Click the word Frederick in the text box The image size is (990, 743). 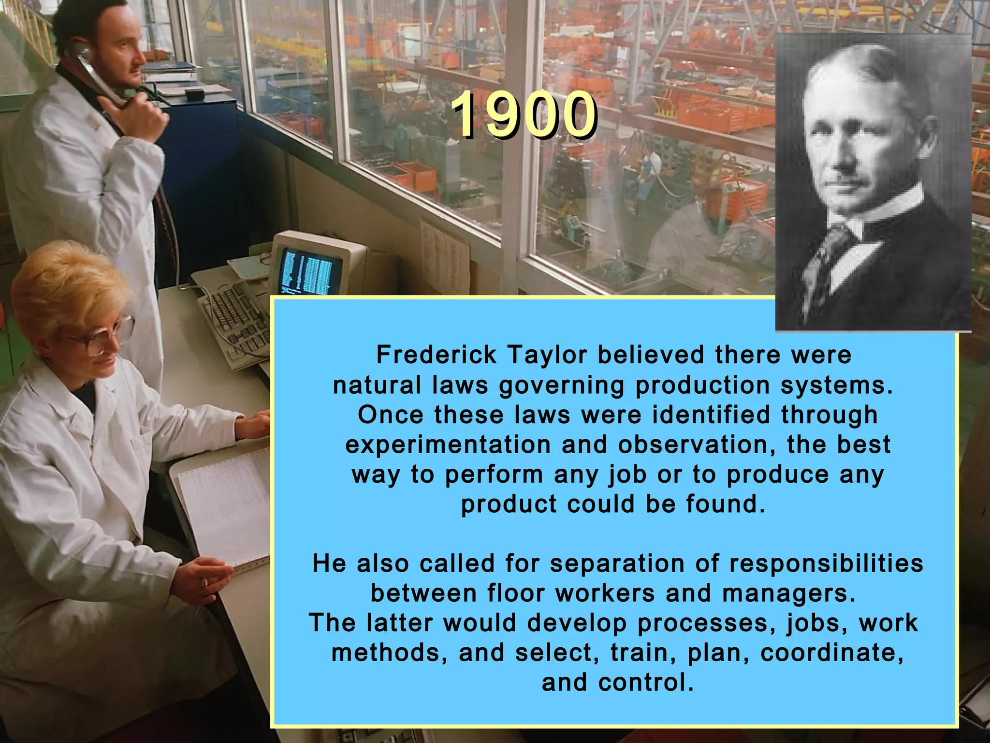click(436, 355)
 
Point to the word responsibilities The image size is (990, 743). click(826, 564)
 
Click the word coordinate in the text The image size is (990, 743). click(831, 653)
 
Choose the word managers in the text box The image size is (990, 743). click(788, 594)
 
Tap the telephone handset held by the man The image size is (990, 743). click(97, 73)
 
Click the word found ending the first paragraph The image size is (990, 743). click(725, 505)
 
